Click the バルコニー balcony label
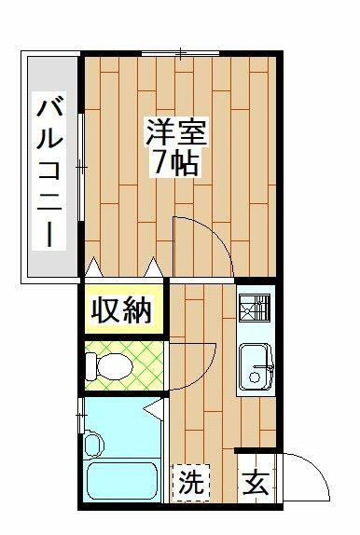click(x=46, y=171)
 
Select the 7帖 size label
click(x=175, y=163)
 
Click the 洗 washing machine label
click(x=191, y=483)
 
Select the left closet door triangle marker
click(x=93, y=267)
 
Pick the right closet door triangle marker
click(x=153, y=267)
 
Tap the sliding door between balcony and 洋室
click(x=81, y=168)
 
